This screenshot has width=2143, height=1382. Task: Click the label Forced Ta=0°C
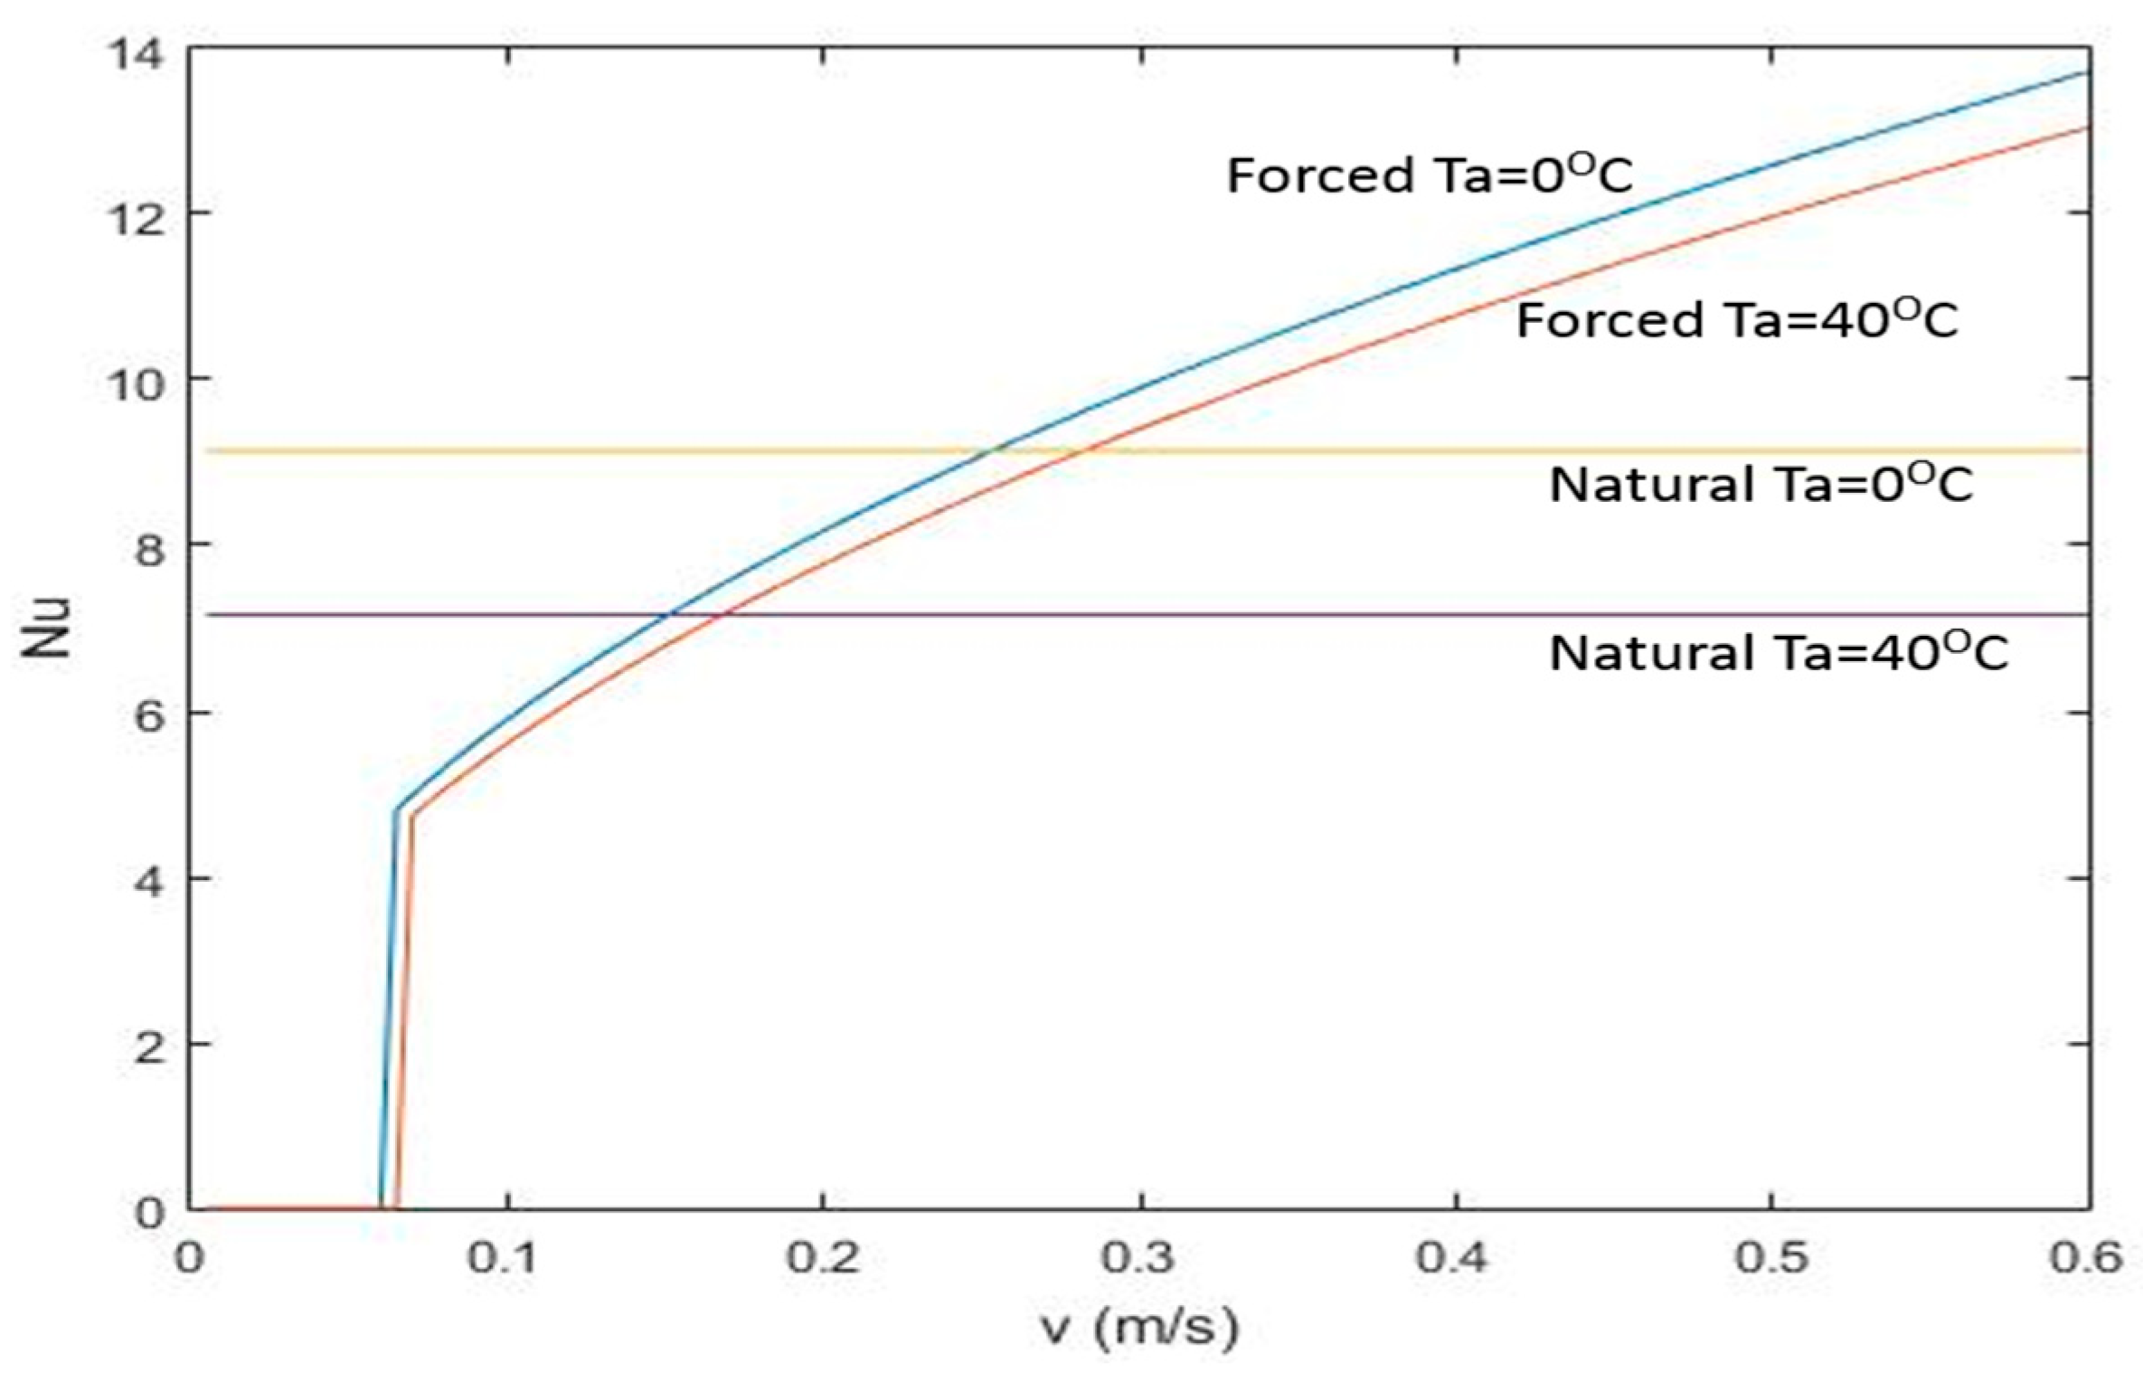(1429, 175)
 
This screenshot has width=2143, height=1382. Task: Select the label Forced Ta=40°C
(1736, 320)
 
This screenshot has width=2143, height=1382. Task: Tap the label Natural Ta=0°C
(1761, 485)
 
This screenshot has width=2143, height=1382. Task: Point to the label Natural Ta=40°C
(1779, 652)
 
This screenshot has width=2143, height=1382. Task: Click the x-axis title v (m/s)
(1139, 1328)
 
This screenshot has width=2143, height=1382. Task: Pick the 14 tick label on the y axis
(136, 54)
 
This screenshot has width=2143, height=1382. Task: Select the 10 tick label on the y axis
(136, 384)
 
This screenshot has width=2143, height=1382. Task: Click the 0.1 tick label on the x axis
(502, 1257)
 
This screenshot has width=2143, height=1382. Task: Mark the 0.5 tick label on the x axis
(1770, 1257)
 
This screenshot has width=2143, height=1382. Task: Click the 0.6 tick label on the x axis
(2085, 1257)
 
